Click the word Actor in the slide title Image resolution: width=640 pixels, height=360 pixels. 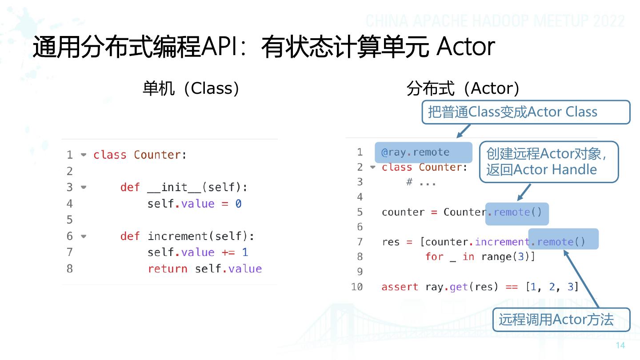[x=465, y=47]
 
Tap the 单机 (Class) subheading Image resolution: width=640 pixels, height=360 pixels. [x=191, y=88]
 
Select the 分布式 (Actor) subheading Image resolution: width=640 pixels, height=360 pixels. [x=463, y=88]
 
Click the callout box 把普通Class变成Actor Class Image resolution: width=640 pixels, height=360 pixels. [x=525, y=112]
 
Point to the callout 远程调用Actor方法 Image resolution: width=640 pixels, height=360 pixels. [x=561, y=320]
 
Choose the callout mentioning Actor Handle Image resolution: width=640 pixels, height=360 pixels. [x=548, y=162]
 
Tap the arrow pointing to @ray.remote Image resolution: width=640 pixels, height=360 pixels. [x=464, y=131]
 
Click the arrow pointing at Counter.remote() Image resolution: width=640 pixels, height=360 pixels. [x=524, y=192]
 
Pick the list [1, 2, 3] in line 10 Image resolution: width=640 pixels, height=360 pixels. [x=552, y=287]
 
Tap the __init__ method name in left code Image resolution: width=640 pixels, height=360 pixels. [x=174, y=188]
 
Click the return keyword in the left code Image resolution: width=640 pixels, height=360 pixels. [x=168, y=269]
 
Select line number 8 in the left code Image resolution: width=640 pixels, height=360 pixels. [x=69, y=269]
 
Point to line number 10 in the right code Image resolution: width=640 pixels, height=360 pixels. [x=357, y=287]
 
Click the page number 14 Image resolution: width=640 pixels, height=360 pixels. [x=620, y=346]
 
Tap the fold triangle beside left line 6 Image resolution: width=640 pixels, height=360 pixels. [x=84, y=236]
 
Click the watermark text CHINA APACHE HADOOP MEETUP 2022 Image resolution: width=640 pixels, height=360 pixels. [x=496, y=21]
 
